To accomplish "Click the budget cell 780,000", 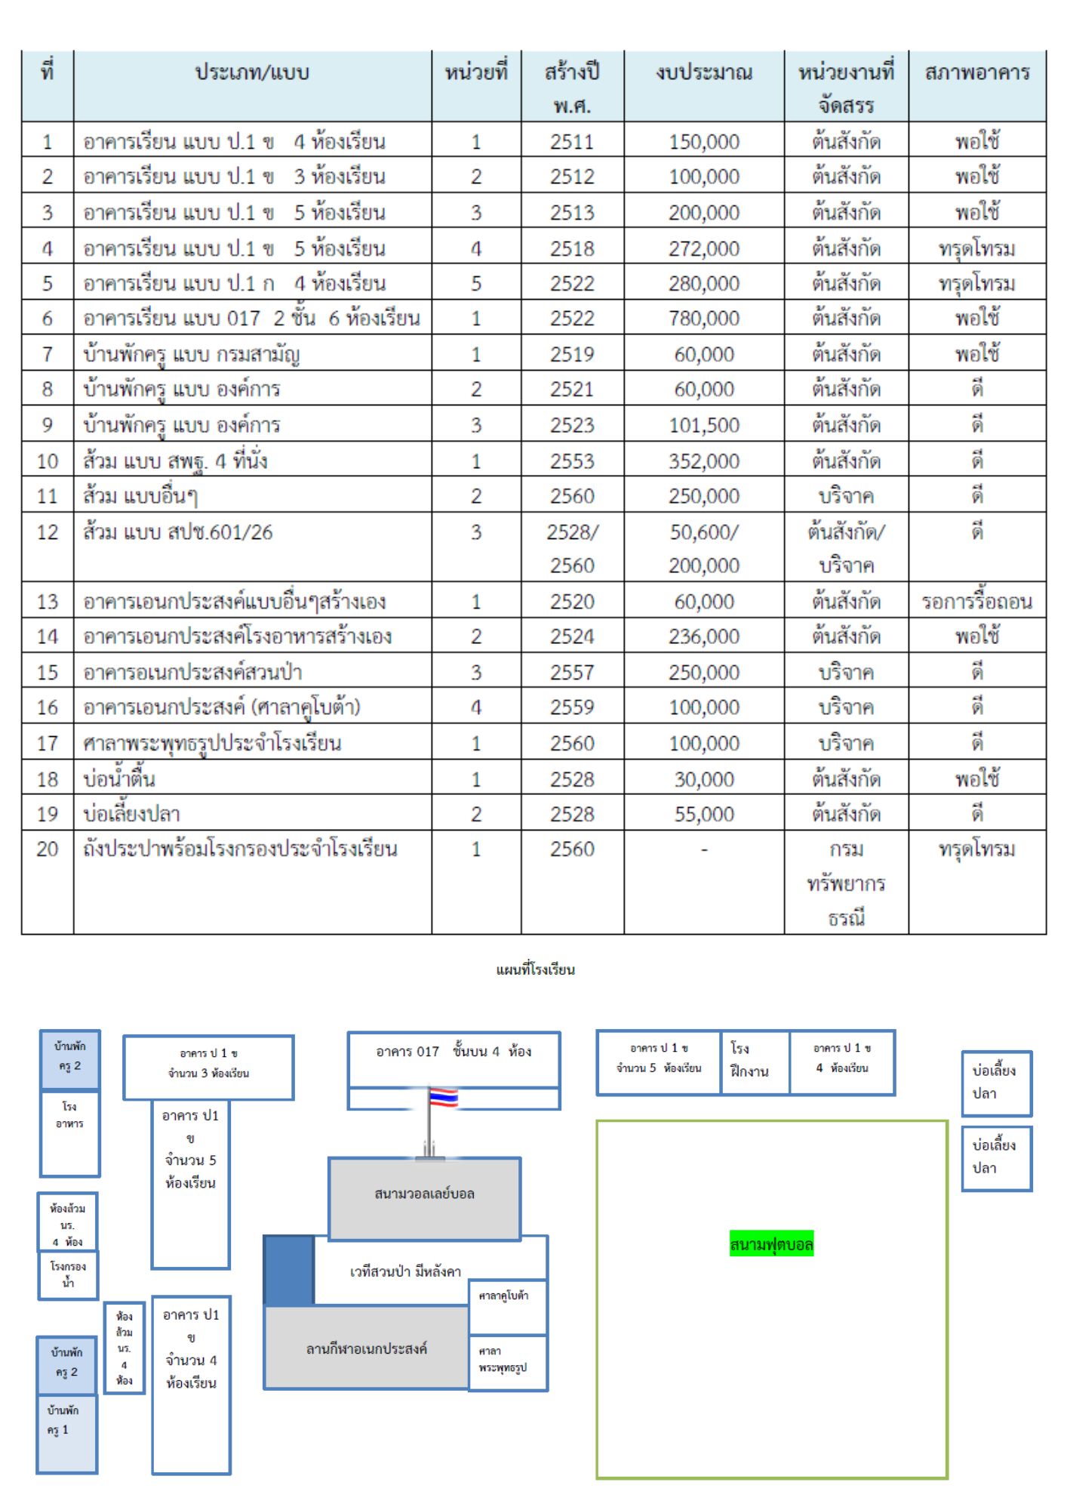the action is (704, 318).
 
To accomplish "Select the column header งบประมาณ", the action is (704, 72).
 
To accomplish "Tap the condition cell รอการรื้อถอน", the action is (977, 602).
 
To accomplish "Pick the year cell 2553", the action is (572, 461).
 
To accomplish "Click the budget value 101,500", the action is (704, 425).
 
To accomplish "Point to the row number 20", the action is (48, 849).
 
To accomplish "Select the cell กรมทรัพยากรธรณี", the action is (846, 883).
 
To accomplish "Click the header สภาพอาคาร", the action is (977, 72).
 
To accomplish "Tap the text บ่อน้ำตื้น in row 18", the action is (119, 778).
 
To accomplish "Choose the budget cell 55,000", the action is (704, 814).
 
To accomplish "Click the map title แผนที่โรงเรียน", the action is (535, 969).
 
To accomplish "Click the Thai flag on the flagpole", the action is (443, 1097).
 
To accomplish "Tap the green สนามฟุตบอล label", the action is (771, 1243).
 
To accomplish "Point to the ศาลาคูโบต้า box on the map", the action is (508, 1307).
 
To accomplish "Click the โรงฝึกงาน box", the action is (755, 1062).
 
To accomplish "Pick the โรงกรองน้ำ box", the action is (68, 1275).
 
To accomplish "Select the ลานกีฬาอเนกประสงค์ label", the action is (367, 1348).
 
